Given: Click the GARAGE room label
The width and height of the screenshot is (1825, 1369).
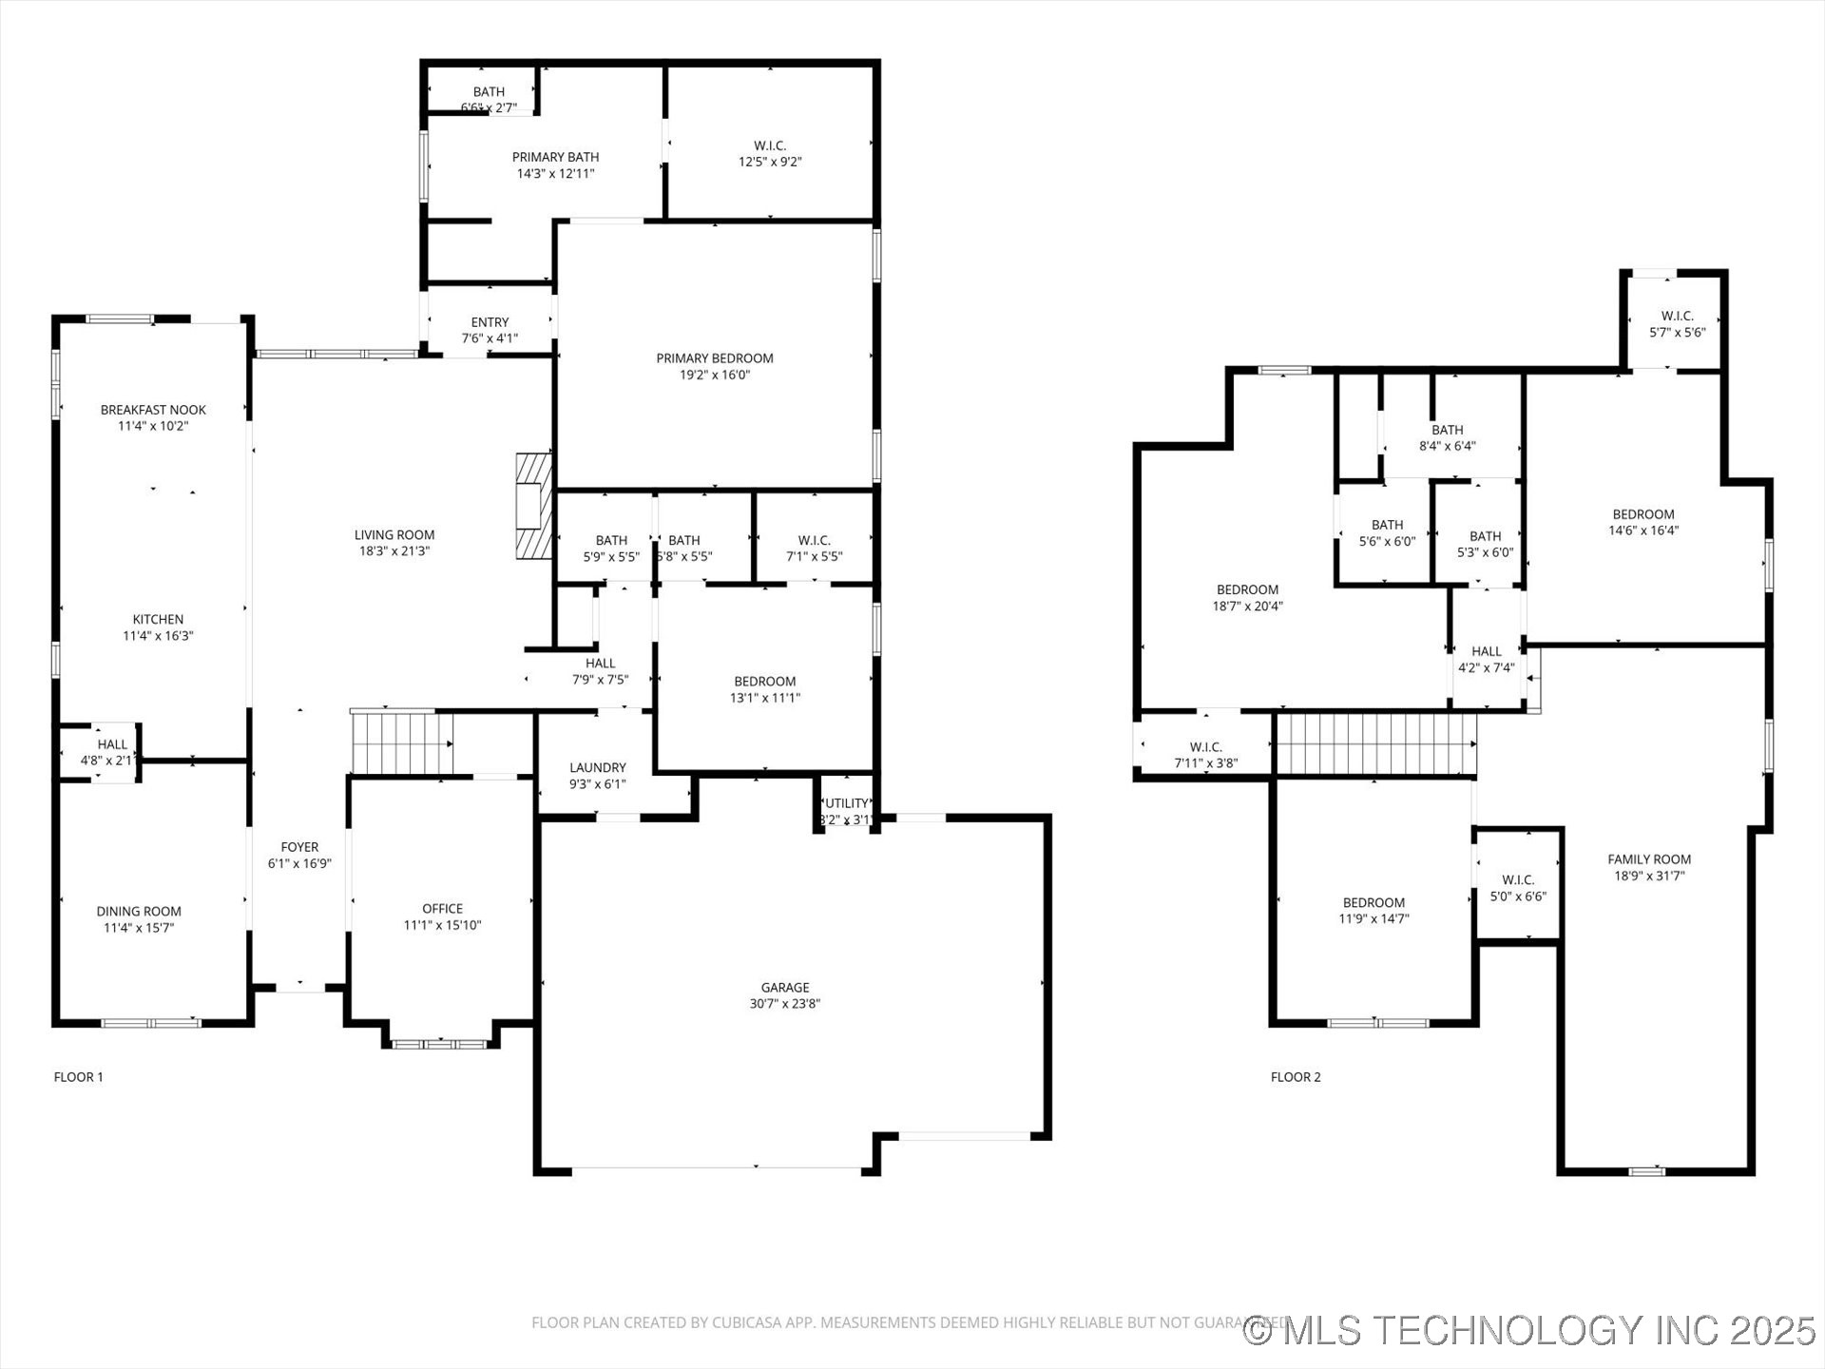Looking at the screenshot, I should click(784, 988).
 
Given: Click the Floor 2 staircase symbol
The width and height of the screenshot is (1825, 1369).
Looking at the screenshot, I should click(1374, 744).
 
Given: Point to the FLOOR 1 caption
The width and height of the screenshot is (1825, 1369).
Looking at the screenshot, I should click(78, 1077).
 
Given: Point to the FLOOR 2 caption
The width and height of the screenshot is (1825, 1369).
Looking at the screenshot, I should click(1295, 1077).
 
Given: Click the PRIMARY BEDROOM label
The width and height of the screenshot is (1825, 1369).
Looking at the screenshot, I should click(714, 358).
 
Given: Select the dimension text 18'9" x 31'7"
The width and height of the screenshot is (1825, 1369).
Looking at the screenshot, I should click(1649, 876).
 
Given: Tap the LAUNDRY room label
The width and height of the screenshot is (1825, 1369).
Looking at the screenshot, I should click(597, 767).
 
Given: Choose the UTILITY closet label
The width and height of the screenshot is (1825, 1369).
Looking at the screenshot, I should click(846, 803).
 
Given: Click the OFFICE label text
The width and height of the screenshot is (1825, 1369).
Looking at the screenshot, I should click(442, 909).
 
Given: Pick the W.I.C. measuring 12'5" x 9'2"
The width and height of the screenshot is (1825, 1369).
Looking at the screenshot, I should click(770, 153).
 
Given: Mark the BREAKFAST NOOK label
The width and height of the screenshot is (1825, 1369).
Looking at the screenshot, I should click(153, 410).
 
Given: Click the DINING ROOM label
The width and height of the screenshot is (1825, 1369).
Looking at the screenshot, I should click(139, 911).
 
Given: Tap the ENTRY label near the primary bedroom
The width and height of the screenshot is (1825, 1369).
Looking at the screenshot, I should click(490, 322).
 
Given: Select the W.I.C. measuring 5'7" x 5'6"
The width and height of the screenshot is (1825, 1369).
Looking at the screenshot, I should click(1677, 324).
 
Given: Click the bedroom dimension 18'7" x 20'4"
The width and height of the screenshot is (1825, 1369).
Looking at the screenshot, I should click(1247, 606).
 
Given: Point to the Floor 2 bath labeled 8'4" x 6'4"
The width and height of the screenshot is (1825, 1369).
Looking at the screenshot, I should click(1447, 437).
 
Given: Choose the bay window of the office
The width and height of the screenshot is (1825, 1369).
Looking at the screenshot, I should click(440, 1044).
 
